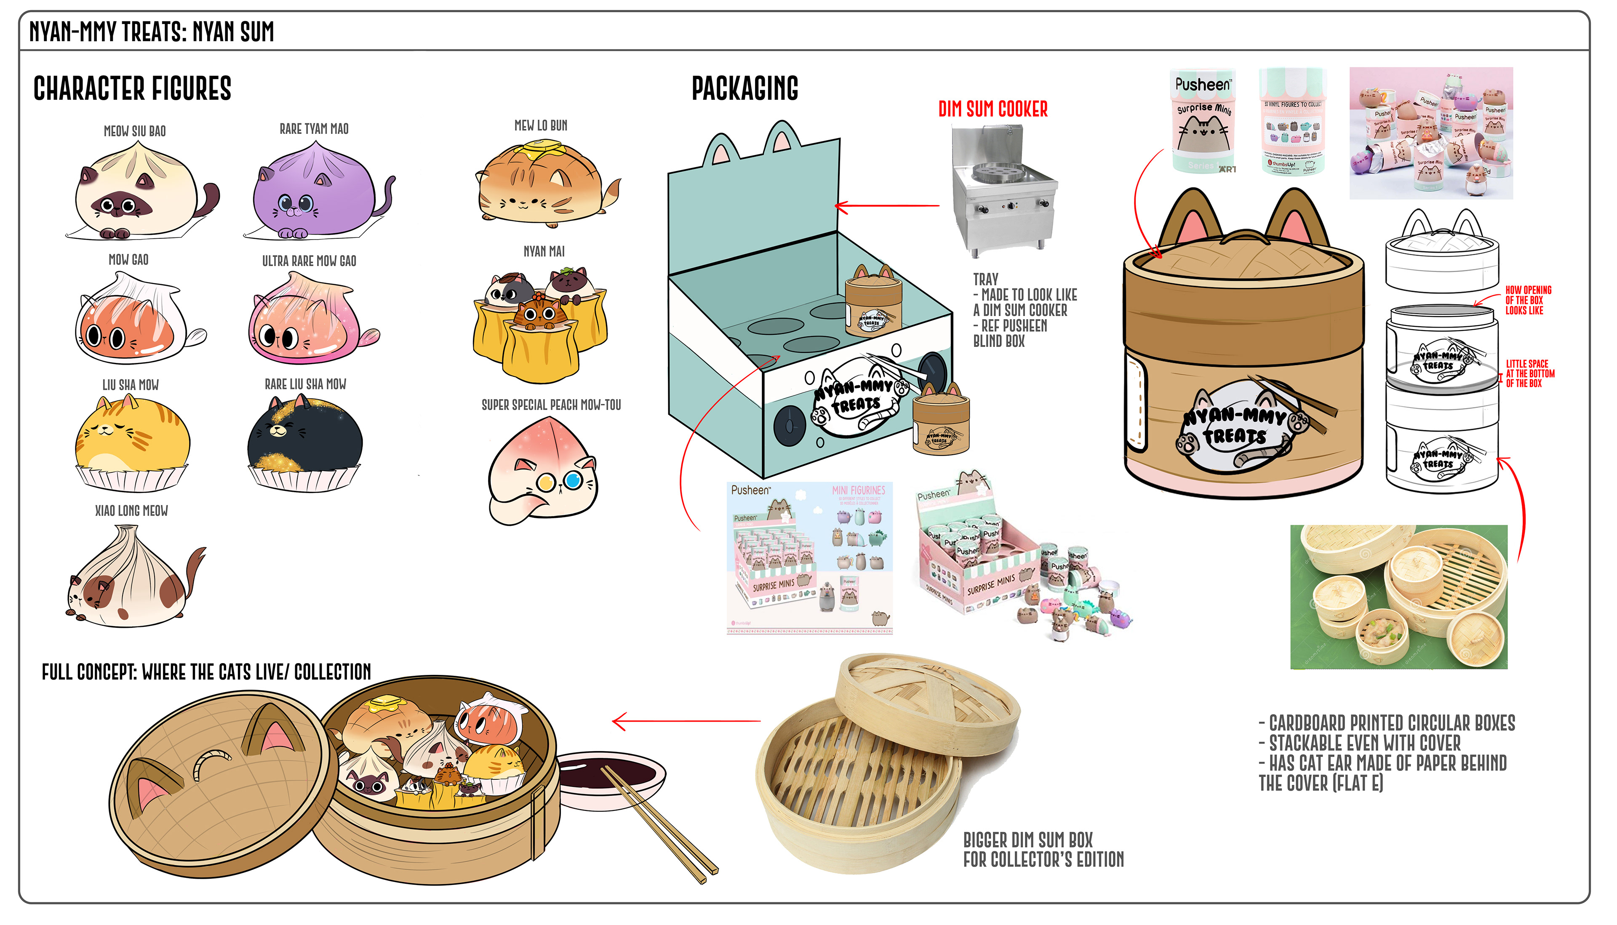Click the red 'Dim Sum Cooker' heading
click(993, 110)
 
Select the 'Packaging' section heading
click(744, 89)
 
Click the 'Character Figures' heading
click(132, 89)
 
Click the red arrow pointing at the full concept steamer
click(686, 721)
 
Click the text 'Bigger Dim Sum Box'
click(1027, 840)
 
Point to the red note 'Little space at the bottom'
click(1529, 373)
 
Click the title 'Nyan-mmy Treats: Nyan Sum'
click(151, 32)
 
